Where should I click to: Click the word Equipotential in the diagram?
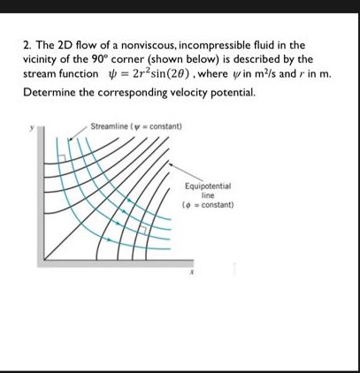pyautogui.click(x=208, y=187)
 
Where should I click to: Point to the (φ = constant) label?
pyautogui.click(x=209, y=204)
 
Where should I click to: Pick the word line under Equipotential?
pyautogui.click(x=208, y=195)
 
